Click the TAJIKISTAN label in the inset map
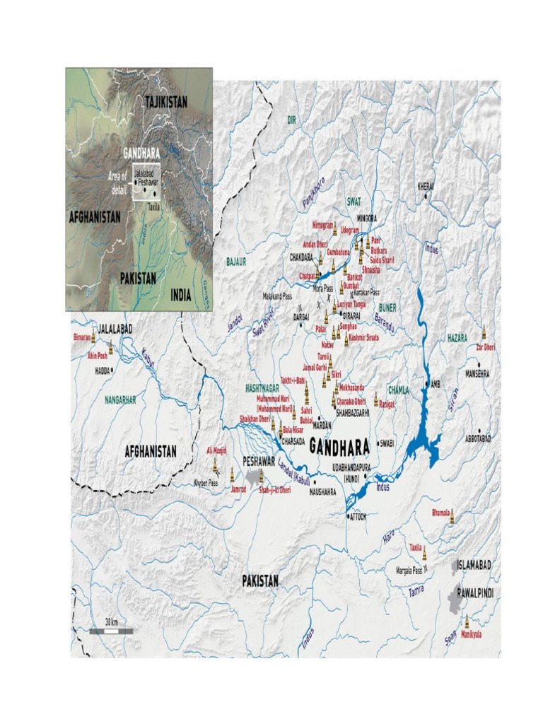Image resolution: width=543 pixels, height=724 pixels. click(166, 102)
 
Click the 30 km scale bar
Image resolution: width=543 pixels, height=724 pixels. click(111, 631)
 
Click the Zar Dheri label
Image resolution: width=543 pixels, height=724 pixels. click(485, 346)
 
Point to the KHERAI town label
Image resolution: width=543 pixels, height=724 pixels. click(426, 186)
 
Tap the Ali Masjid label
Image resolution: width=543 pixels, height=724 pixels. click(217, 450)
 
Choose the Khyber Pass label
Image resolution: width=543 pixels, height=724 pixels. click(206, 483)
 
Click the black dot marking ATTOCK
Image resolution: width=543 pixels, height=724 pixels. click(348, 517)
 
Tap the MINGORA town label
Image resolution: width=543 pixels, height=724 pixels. click(366, 218)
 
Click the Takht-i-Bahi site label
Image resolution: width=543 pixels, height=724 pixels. click(293, 380)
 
